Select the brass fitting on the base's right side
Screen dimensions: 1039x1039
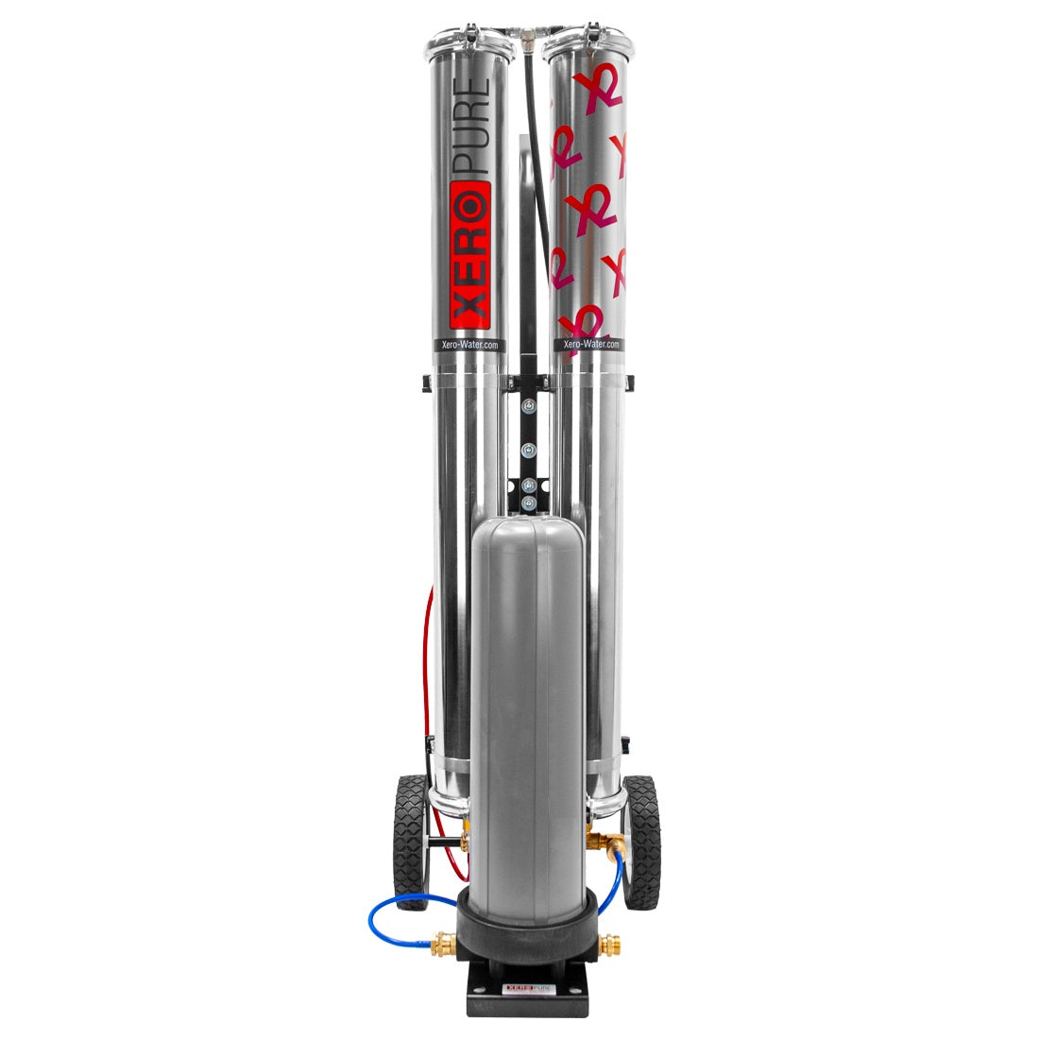(x=609, y=945)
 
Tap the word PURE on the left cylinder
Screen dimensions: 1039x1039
(x=471, y=127)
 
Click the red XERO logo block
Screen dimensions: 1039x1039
(x=470, y=256)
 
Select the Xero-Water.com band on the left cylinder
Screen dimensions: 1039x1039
(x=469, y=345)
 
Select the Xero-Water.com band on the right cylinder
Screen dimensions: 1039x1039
(x=590, y=345)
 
